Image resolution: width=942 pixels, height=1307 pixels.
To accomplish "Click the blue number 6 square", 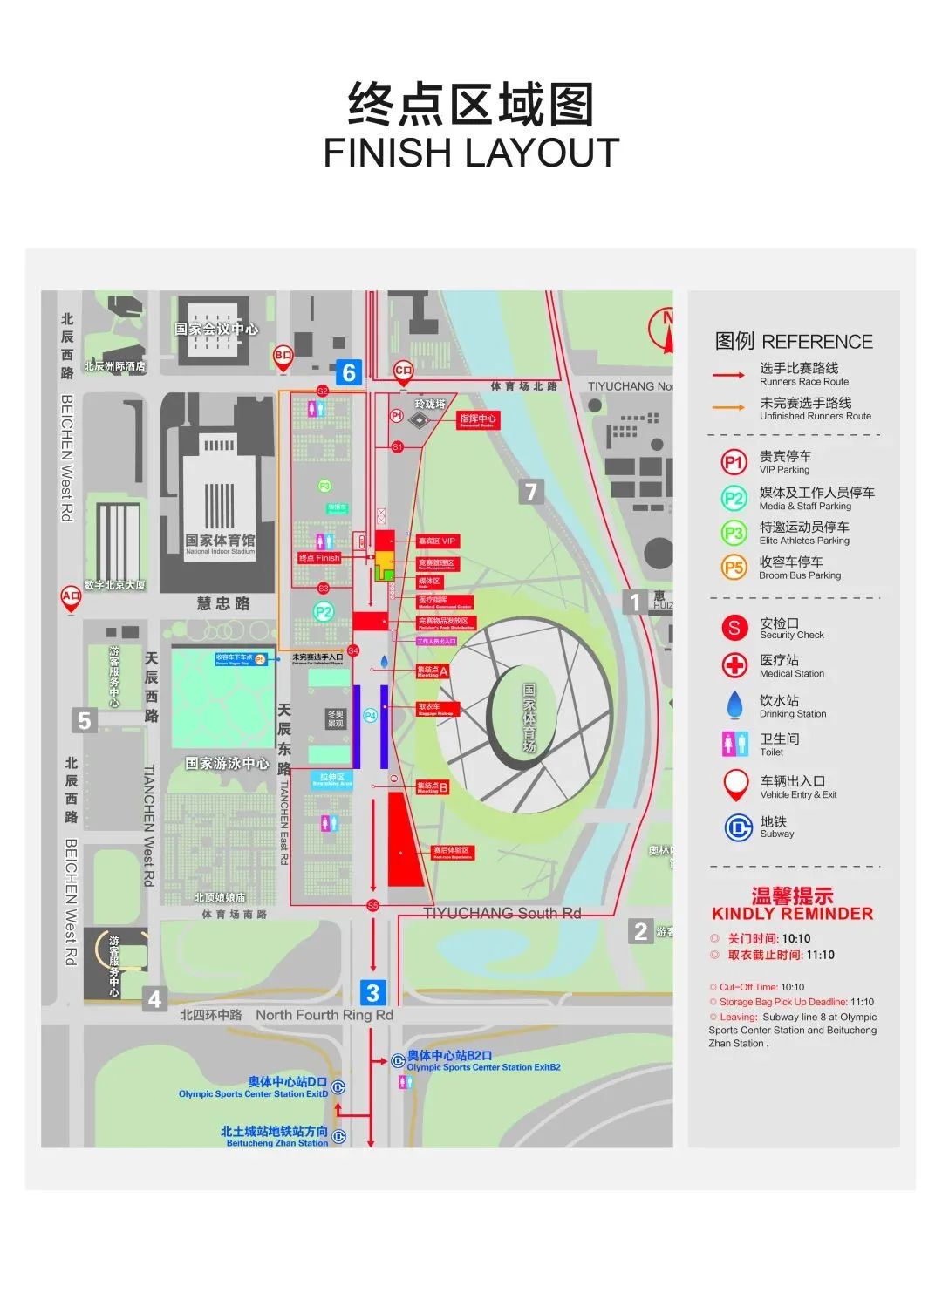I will tap(349, 372).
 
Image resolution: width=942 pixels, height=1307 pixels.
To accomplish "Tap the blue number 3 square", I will tap(372, 992).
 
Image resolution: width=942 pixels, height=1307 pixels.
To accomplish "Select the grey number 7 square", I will tap(531, 492).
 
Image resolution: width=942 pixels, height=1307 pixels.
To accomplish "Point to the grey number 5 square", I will tap(84, 720).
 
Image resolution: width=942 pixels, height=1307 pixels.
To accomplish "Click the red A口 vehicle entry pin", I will tap(71, 597).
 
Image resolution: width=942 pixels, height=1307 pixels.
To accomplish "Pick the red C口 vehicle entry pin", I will tap(403, 371).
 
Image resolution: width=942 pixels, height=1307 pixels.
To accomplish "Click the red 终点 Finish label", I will tap(319, 558).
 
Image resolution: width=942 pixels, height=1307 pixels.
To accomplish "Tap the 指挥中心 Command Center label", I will tap(477, 419).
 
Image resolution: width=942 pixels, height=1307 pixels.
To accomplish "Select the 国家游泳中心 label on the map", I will tap(227, 764).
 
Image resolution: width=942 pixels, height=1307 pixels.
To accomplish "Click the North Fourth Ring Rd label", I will tap(324, 1015).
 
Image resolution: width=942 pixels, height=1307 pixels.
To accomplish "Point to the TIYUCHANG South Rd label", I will tap(502, 913).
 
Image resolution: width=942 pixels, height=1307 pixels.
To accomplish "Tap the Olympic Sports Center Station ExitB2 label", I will tap(483, 1067).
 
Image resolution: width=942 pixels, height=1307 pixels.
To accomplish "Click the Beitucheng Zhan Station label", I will tap(276, 1142).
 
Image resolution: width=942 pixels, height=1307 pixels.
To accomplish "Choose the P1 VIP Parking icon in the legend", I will tap(734, 462).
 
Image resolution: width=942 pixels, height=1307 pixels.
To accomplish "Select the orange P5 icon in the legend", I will tap(734, 568).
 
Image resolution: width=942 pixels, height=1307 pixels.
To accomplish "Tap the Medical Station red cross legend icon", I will tap(734, 665).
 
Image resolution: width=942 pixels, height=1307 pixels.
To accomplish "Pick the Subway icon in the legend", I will tap(738, 827).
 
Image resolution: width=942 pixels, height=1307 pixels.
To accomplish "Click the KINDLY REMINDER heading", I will tap(792, 914).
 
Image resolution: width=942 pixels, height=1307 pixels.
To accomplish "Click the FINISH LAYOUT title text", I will tap(471, 153).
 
